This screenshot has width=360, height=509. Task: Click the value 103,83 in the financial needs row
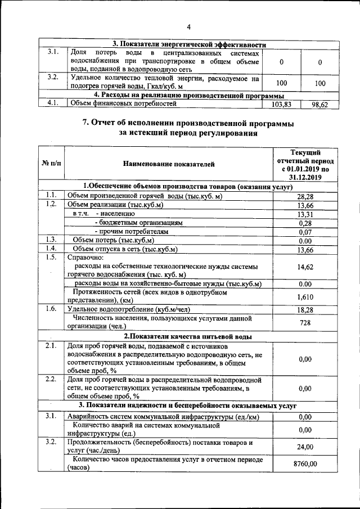[x=281, y=105]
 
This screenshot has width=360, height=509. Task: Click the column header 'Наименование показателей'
[x=169, y=164]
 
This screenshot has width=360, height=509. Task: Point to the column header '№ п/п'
[x=51, y=164]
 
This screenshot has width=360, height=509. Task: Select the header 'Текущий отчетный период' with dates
[x=305, y=164]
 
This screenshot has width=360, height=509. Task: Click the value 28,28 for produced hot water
[x=305, y=196]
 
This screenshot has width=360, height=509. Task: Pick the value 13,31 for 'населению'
[x=305, y=214]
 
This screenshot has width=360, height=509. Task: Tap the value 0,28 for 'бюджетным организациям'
[x=305, y=223]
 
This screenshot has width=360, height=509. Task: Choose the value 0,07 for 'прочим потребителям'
[x=305, y=232]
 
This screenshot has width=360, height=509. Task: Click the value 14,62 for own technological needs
[x=305, y=268]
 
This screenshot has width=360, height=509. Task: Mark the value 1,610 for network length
[x=305, y=296]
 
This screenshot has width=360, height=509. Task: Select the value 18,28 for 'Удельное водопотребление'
[x=305, y=309]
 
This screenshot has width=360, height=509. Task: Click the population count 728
[x=305, y=322]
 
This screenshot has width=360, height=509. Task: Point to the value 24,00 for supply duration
[x=305, y=447]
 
